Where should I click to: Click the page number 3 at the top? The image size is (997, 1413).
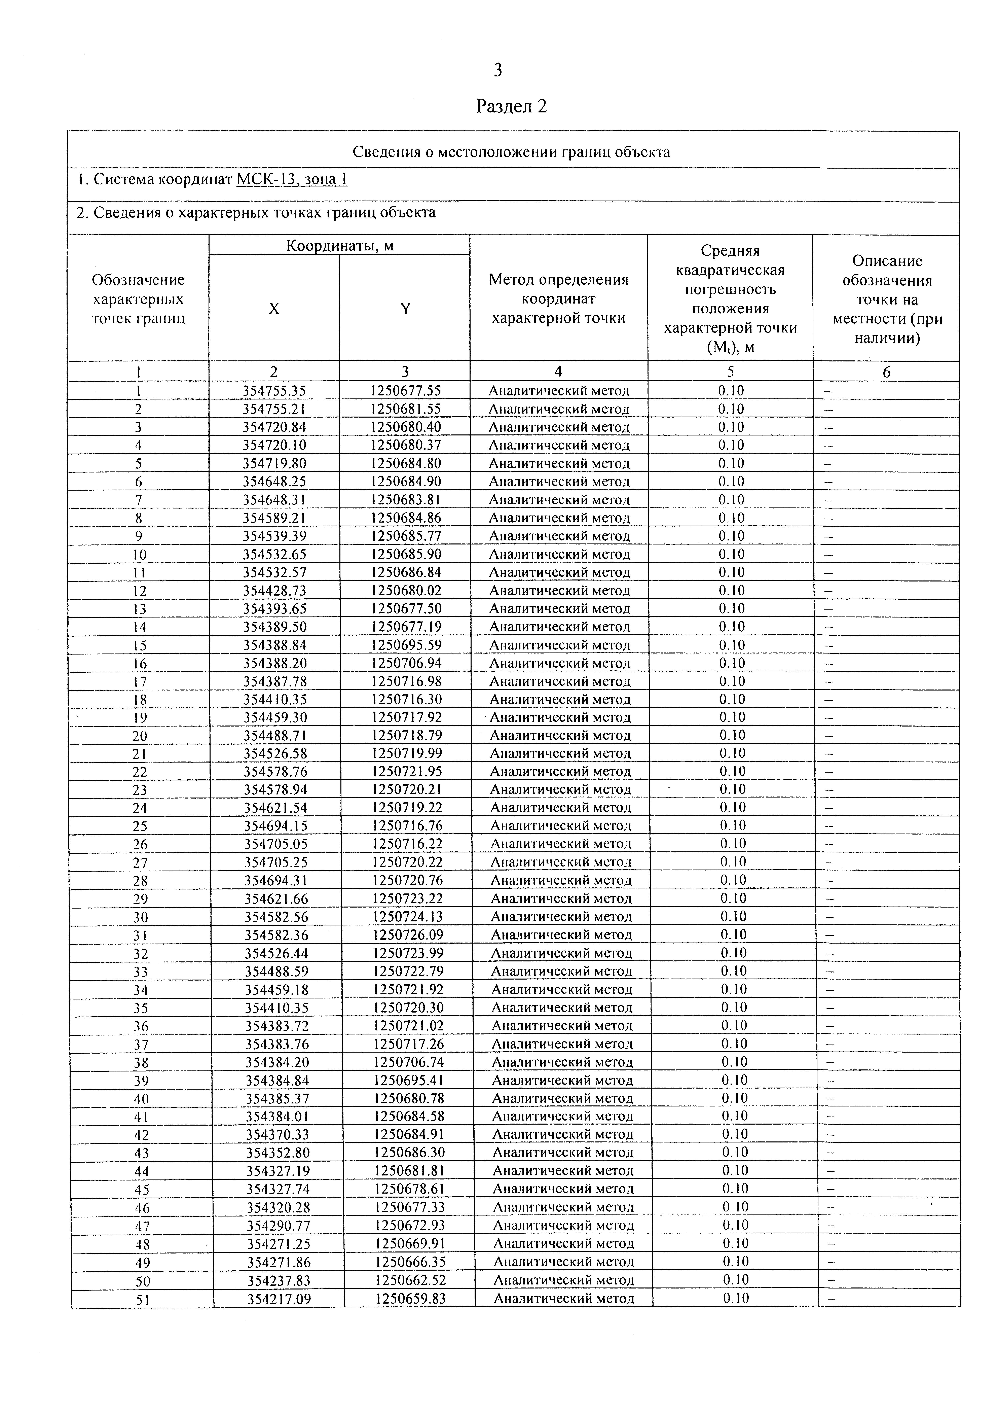tap(498, 70)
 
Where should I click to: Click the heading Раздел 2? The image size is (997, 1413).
tap(511, 106)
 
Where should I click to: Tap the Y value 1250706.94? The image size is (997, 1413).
tap(406, 663)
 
